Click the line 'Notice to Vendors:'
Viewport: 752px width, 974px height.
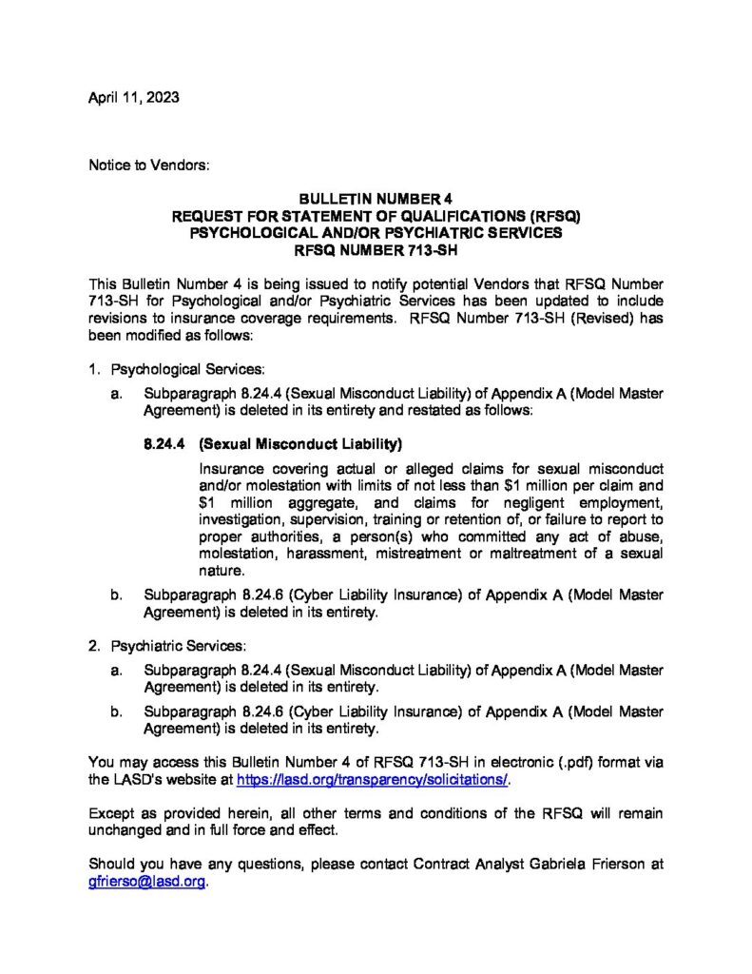148,166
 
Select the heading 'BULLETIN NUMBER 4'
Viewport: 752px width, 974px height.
376,200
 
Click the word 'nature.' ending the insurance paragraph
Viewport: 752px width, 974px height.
222,571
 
